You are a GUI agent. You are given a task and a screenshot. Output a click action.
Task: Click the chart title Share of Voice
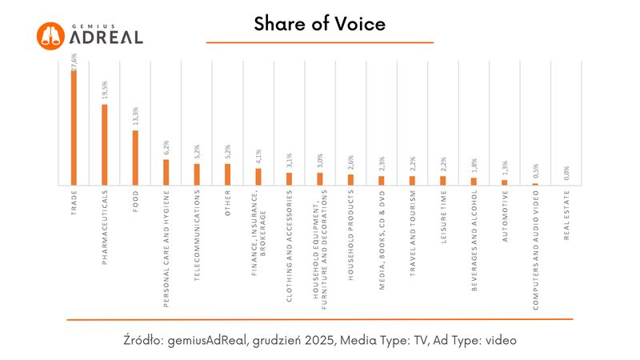pyautogui.click(x=319, y=24)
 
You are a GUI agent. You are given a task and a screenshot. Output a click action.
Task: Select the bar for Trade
pyautogui.click(x=74, y=128)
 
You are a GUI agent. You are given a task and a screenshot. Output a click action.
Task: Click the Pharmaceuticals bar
pyautogui.click(x=104, y=145)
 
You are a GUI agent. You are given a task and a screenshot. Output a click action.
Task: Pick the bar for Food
pyautogui.click(x=135, y=158)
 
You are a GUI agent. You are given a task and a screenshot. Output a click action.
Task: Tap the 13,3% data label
pyautogui.click(x=135, y=117)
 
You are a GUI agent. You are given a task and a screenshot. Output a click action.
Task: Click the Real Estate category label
pyautogui.click(x=566, y=213)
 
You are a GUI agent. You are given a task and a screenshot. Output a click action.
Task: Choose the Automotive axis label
pyautogui.click(x=505, y=215)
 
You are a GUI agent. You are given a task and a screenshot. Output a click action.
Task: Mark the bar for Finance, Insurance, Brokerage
pyautogui.click(x=258, y=177)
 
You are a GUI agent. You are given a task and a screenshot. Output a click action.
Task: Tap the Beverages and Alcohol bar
pyautogui.click(x=474, y=181)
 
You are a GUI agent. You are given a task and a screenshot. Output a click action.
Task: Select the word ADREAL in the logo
pyautogui.click(x=106, y=37)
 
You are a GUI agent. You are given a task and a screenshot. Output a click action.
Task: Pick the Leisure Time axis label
pyautogui.click(x=443, y=217)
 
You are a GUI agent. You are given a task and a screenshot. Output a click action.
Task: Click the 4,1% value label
pyautogui.click(x=258, y=156)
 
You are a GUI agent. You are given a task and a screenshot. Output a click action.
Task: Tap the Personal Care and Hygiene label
pyautogui.click(x=166, y=248)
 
